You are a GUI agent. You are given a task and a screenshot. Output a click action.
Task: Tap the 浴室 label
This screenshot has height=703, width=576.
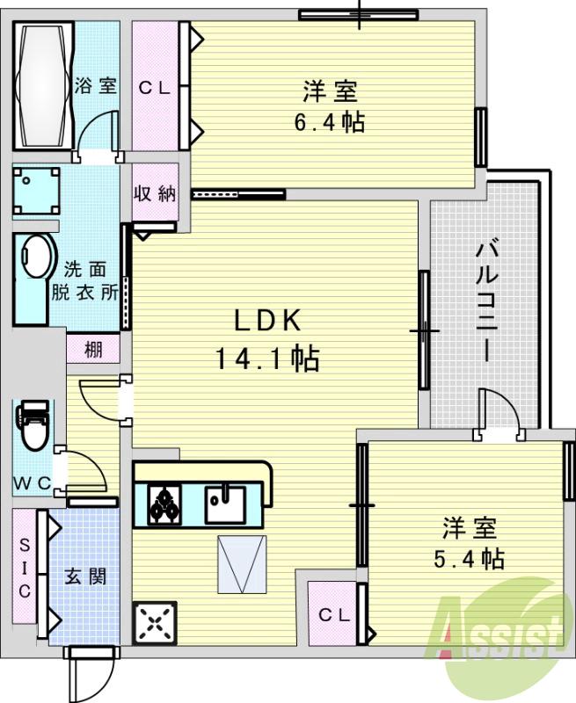(96, 86)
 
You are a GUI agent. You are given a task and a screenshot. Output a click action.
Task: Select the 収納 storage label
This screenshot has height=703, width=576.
(155, 194)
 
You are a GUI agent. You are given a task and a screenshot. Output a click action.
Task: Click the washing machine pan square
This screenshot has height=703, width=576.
(36, 191)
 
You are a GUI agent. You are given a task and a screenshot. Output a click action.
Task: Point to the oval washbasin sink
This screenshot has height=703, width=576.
(34, 255)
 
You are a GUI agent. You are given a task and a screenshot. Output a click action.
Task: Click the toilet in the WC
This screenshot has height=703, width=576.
(33, 425)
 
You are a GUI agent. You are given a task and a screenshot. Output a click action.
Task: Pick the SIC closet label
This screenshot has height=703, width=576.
(25, 566)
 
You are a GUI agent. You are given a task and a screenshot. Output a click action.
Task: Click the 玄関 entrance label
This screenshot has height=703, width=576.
(86, 577)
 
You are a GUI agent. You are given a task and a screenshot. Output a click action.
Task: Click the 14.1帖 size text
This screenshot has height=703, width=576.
(266, 358)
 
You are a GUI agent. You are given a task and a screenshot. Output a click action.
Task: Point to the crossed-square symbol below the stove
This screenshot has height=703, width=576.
(156, 623)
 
